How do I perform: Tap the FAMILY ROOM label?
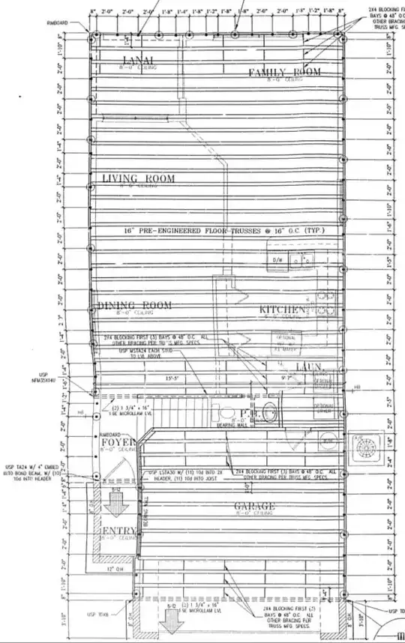285,72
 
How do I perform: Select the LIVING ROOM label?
138,178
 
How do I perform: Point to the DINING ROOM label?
134,305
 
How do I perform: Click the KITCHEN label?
282,310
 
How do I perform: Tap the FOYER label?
117,443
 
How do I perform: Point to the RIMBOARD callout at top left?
57,23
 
